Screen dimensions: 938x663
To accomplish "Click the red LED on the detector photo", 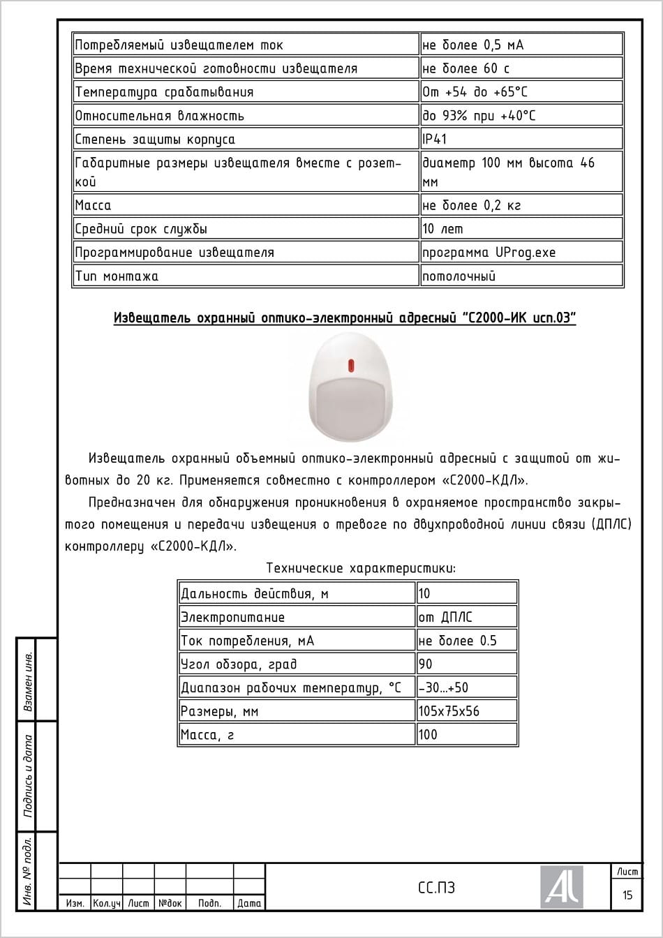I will [350, 364].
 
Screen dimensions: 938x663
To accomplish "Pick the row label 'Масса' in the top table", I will [94, 205].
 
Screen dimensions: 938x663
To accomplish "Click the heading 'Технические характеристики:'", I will [361, 568].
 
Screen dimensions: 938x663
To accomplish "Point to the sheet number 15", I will [627, 895].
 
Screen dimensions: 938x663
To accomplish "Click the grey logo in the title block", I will [561, 887].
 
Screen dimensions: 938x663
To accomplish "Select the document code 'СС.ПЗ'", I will [436, 888].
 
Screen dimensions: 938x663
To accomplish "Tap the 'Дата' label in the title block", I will [249, 903].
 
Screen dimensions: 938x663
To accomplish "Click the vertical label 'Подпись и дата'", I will [29, 775].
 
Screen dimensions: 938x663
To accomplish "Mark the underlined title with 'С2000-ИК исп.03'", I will [345, 319].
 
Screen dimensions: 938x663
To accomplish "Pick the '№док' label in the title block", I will [170, 903].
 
